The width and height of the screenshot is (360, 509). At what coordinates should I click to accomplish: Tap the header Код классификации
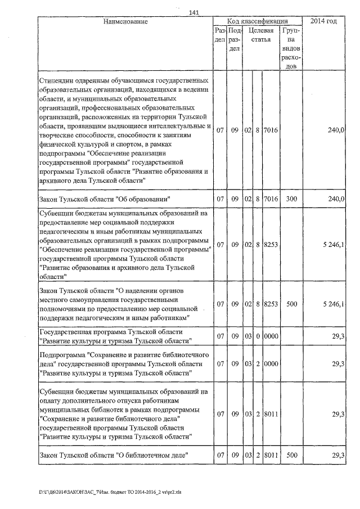[x=258, y=21]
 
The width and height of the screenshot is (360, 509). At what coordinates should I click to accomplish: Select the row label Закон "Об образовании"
[x=105, y=199]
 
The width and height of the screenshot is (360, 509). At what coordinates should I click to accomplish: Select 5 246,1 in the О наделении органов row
[x=334, y=304]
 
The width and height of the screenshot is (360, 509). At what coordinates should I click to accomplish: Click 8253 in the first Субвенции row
[x=271, y=245]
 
